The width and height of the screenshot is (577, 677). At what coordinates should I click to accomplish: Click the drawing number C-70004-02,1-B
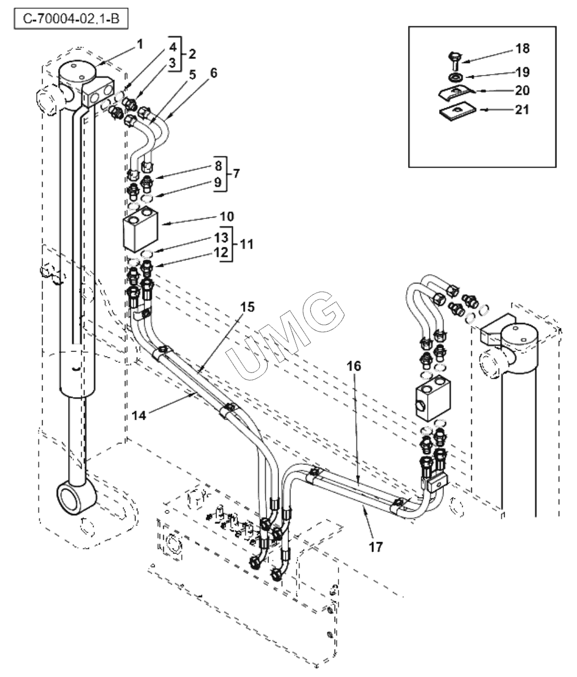[71, 19]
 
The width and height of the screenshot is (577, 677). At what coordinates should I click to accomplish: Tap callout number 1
[140, 44]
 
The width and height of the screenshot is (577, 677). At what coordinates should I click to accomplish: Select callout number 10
[227, 216]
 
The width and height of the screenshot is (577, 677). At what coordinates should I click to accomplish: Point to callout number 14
[139, 415]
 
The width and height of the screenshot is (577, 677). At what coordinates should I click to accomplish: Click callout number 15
[248, 307]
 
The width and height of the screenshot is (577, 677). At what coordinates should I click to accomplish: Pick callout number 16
[353, 366]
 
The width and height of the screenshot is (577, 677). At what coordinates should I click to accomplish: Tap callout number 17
[376, 547]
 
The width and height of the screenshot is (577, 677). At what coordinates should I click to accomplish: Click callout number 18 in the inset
[522, 48]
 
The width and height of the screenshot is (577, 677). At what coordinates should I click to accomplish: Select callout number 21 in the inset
[522, 109]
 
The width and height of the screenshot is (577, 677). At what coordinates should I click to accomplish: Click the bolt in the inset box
[455, 61]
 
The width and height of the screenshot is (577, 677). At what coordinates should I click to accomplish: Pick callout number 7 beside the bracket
[236, 174]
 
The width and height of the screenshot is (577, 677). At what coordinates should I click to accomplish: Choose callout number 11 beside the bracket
[246, 244]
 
